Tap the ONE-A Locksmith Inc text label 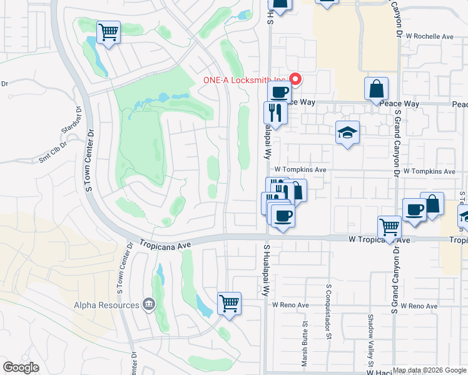click(x=245, y=80)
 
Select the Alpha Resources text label click(x=106, y=305)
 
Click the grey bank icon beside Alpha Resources click(x=148, y=304)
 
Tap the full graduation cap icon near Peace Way click(x=347, y=132)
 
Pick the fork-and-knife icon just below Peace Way click(x=275, y=112)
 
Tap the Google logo click(x=21, y=367)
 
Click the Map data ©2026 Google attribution click(x=429, y=370)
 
